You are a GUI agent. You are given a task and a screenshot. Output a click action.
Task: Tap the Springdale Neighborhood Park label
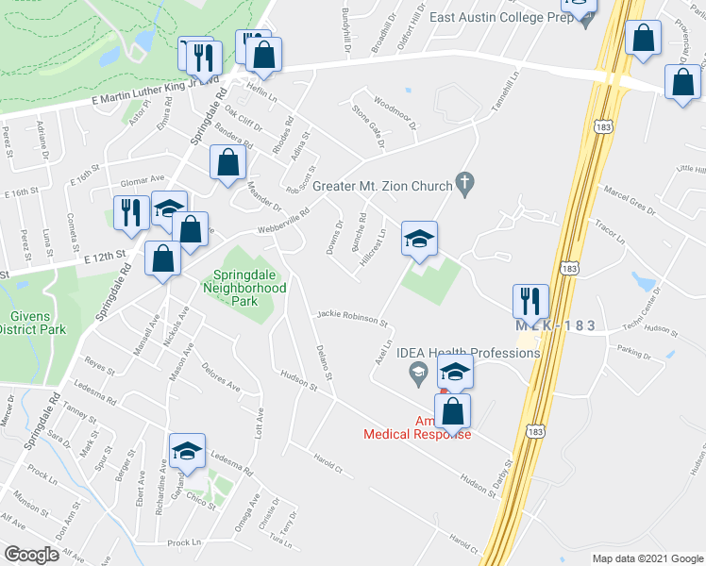(245, 288)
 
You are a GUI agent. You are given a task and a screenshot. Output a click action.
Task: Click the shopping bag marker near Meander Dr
(228, 162)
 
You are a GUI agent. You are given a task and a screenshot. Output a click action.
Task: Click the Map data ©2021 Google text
(647, 558)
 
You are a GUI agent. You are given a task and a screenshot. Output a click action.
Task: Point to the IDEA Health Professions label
(468, 353)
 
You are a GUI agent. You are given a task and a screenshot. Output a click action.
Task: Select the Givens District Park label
(32, 324)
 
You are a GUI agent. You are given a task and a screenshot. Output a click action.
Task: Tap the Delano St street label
(323, 361)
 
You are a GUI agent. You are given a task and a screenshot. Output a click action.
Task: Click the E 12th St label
(104, 258)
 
